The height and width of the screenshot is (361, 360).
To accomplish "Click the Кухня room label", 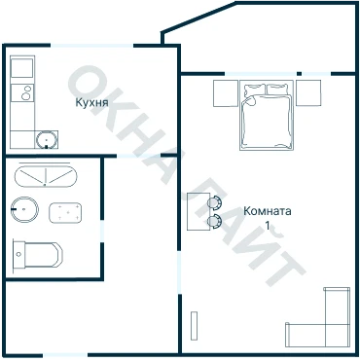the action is [x=91, y=102].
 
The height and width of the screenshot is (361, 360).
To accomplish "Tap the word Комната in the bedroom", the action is [x=268, y=211].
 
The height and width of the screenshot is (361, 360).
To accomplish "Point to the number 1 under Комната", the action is [x=268, y=226].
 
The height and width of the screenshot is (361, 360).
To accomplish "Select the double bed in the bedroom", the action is [x=267, y=115].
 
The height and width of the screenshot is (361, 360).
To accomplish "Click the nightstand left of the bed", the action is [x=226, y=93].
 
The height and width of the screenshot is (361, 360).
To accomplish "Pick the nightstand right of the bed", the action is [x=308, y=92].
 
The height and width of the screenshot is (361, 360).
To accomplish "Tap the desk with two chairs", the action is [x=198, y=211].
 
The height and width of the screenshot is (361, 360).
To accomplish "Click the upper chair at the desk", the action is [x=214, y=202].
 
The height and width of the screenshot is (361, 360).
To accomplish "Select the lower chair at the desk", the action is [x=214, y=221].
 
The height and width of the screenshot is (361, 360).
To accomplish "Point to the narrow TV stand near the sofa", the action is [x=194, y=326].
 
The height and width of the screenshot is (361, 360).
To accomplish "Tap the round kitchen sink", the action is [x=47, y=139].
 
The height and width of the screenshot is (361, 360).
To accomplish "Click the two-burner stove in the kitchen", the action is [x=21, y=92].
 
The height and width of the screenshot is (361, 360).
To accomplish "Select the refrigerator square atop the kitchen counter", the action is [x=21, y=68].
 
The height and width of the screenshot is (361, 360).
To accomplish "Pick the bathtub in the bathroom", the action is [x=46, y=176].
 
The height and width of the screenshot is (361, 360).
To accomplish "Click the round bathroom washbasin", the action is [x=24, y=209].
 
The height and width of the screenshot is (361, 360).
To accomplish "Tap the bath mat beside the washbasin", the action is [x=65, y=213].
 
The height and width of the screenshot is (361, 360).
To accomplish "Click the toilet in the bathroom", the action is [x=38, y=255].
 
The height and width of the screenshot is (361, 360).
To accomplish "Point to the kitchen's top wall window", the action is [x=91, y=46].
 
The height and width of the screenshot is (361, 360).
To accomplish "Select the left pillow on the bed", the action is [x=255, y=90].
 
